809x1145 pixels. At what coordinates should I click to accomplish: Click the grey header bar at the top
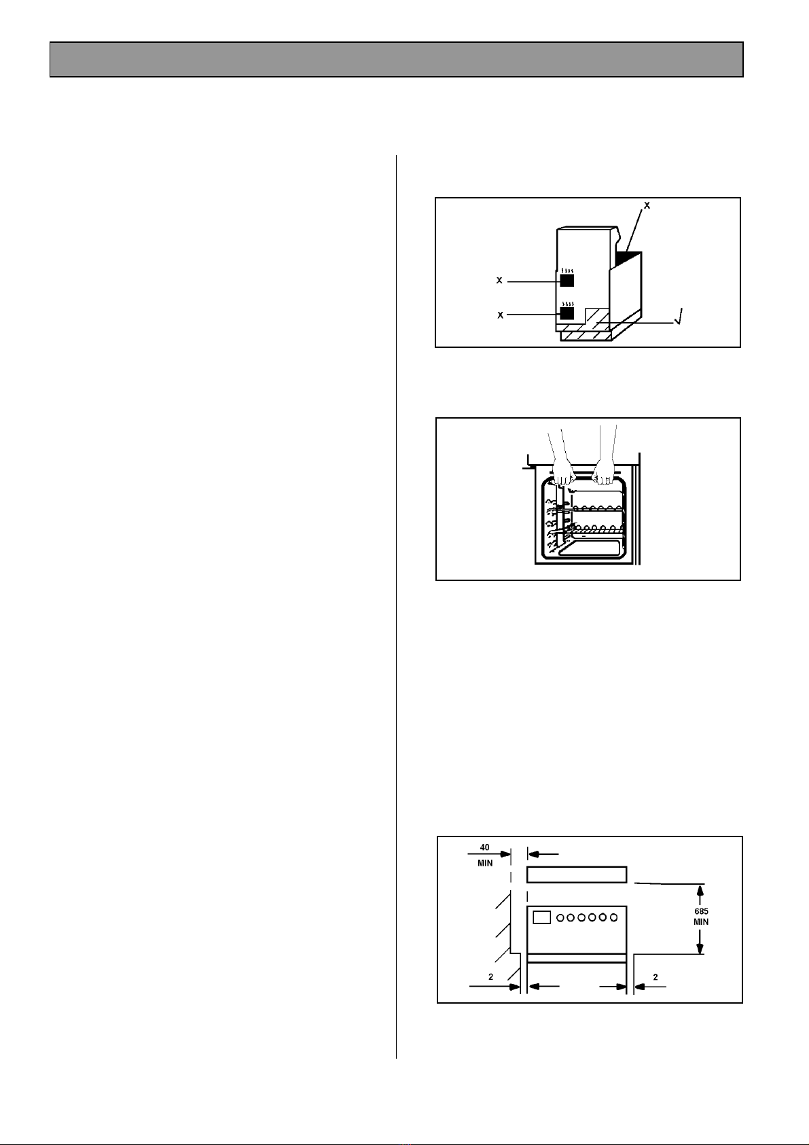pyautogui.click(x=396, y=59)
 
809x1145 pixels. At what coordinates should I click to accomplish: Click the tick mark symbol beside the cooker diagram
pyautogui.click(x=680, y=317)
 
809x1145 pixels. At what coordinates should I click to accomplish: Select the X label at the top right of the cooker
pyautogui.click(x=647, y=205)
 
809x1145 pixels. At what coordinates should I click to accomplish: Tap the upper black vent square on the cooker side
pyautogui.click(x=567, y=280)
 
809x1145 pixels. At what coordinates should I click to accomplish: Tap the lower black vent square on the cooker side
pyautogui.click(x=567, y=313)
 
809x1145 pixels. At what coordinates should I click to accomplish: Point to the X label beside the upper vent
pyautogui.click(x=500, y=281)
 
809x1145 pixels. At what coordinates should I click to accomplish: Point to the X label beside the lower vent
pyautogui.click(x=500, y=315)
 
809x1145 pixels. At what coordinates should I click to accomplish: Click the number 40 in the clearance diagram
pyautogui.click(x=485, y=847)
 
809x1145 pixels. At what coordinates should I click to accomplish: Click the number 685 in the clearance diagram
pyautogui.click(x=701, y=911)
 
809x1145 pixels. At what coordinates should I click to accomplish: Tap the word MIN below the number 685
pyautogui.click(x=701, y=922)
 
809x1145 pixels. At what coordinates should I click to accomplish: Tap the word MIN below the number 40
pyautogui.click(x=485, y=863)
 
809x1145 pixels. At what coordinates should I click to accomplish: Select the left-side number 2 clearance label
pyautogui.click(x=490, y=977)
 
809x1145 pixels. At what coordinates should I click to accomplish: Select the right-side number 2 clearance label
pyautogui.click(x=655, y=977)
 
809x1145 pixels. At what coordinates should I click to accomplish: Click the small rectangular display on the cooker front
pyautogui.click(x=541, y=917)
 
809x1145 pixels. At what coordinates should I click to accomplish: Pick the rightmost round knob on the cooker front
pyautogui.click(x=613, y=917)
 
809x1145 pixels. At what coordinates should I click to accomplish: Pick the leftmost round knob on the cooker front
pyautogui.click(x=561, y=917)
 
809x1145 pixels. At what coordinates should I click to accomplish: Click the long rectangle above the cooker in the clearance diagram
pyautogui.click(x=576, y=875)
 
